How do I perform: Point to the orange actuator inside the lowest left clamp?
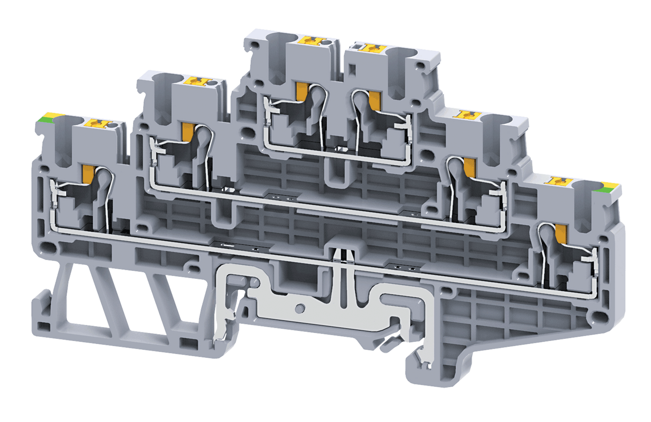[x=87, y=173]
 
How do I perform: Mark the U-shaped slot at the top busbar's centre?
[x=339, y=171]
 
